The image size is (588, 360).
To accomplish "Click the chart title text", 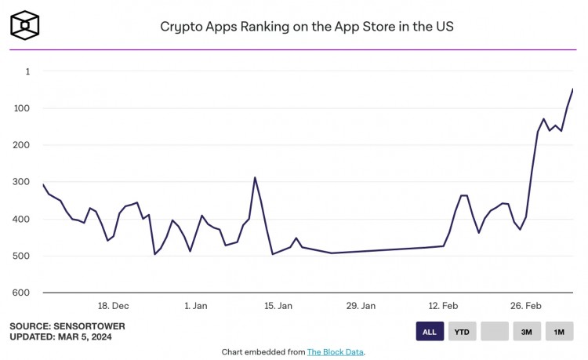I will click(x=307, y=26).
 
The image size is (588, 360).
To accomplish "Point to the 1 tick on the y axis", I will click(x=27, y=71).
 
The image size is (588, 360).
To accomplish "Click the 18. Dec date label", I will click(x=113, y=306).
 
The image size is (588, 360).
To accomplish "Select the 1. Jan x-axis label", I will click(x=195, y=306).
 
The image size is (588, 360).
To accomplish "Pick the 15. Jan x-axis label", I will click(x=278, y=306).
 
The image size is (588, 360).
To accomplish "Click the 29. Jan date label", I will click(x=361, y=306).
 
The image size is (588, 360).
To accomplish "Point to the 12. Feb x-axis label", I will click(x=444, y=306).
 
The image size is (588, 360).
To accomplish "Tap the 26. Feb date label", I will click(x=526, y=306).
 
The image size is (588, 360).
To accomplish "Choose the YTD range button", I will click(x=463, y=332).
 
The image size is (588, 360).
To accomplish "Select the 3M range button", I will click(x=527, y=332).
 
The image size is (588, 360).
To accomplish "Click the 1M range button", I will click(x=559, y=332).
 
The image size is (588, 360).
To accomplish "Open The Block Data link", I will click(x=335, y=352).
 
